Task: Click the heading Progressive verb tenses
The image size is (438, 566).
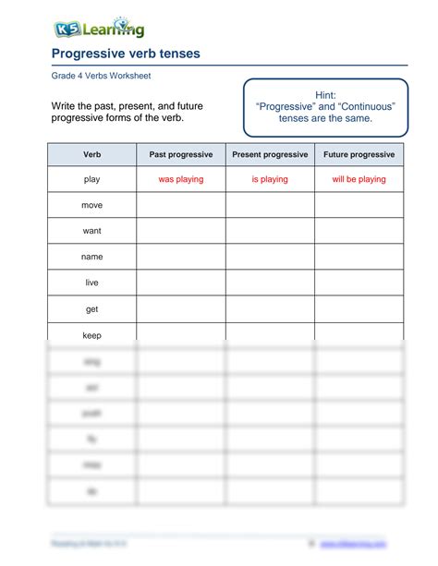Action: coord(125,54)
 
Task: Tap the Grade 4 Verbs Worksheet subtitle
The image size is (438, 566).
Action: coord(100,76)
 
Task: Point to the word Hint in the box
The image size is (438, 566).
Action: coord(325,95)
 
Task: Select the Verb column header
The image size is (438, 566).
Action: coord(91,154)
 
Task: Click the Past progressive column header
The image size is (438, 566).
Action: coord(180,154)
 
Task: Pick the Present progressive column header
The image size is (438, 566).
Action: coord(270,154)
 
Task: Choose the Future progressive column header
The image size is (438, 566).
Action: coord(359,154)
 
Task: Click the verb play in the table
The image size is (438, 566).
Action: coord(91,179)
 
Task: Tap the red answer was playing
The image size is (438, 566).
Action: coord(180,179)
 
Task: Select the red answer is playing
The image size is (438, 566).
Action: coord(270,179)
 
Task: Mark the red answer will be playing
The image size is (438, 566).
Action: coord(359,179)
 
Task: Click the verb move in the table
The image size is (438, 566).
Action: coord(91,205)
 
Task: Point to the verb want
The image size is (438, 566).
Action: coord(91,231)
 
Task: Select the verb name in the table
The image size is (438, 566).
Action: coord(91,257)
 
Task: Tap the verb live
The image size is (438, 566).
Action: coord(91,283)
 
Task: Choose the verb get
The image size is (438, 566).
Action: coord(91,309)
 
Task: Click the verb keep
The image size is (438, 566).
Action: coord(91,335)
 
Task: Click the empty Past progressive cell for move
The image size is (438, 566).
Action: coord(180,205)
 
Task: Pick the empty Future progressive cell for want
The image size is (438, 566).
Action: coord(359,231)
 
